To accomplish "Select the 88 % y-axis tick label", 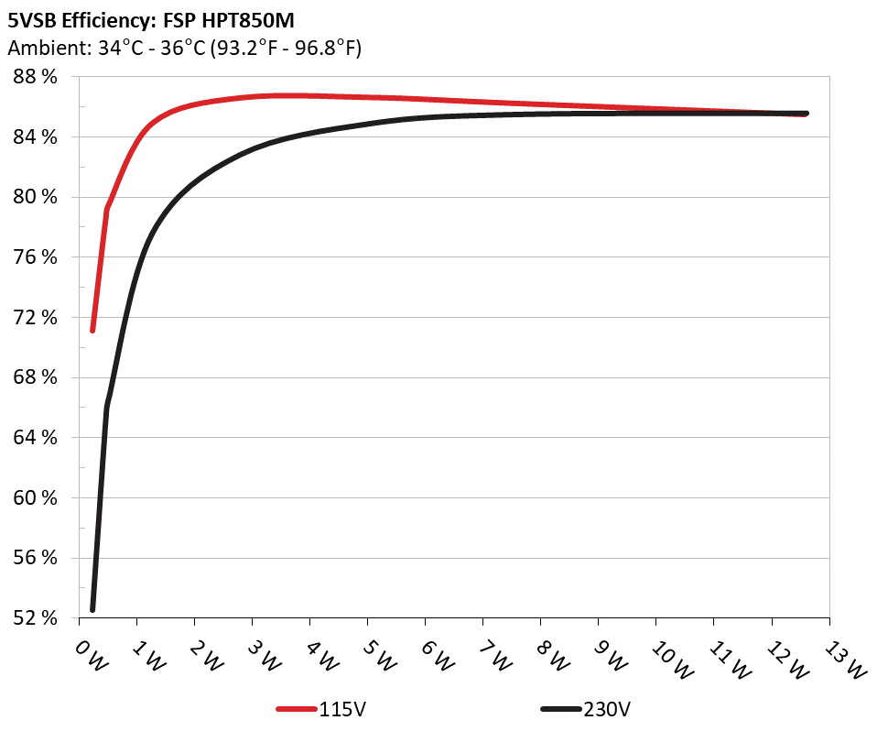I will [x=36, y=77].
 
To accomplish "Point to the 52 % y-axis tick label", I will [x=36, y=617].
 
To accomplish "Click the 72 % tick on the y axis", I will [x=36, y=317].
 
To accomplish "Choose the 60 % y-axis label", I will [x=36, y=497].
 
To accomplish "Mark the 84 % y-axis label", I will [x=36, y=137].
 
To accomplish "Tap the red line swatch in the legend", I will [x=297, y=709].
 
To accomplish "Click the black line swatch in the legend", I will [x=560, y=709].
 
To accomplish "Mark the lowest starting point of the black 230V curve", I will [x=92, y=609].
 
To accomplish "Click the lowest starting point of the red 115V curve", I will [x=92, y=330].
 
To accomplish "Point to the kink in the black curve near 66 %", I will [x=107, y=407].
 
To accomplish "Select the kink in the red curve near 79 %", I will [x=107, y=210].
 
